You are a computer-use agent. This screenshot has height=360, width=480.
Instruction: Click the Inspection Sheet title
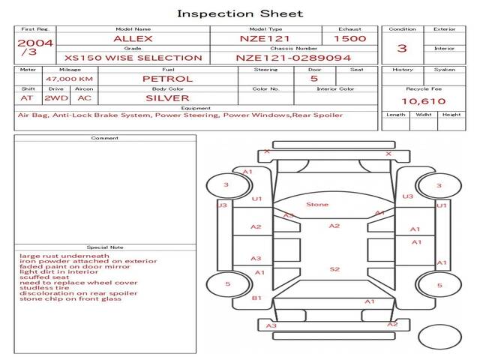pyautogui.click(x=240, y=13)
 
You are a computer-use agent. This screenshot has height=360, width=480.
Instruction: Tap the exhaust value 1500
pyautogui.click(x=349, y=38)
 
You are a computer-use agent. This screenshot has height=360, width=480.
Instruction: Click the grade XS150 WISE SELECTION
pyautogui.click(x=133, y=58)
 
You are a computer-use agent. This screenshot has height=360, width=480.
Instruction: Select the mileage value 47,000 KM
pyautogui.click(x=69, y=79)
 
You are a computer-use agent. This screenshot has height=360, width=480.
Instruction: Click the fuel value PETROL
pyautogui.click(x=167, y=79)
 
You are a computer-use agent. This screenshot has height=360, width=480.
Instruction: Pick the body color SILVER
pyautogui.click(x=167, y=98)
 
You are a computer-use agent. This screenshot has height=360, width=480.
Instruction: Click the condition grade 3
pyautogui.click(x=402, y=49)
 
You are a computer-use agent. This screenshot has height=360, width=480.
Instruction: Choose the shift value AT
pyautogui.click(x=27, y=98)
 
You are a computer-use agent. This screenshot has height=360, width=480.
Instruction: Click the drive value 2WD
pyautogui.click(x=53, y=98)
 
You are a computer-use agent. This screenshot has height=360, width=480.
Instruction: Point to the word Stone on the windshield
pyautogui.click(x=317, y=204)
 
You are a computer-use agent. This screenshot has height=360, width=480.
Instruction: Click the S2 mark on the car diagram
pyautogui.click(x=334, y=268)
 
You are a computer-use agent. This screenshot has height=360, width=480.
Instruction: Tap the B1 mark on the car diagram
pyautogui.click(x=256, y=298)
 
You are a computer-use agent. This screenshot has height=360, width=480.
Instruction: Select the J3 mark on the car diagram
pyautogui.click(x=222, y=205)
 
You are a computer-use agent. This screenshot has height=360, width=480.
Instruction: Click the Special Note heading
pyautogui.click(x=105, y=247)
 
